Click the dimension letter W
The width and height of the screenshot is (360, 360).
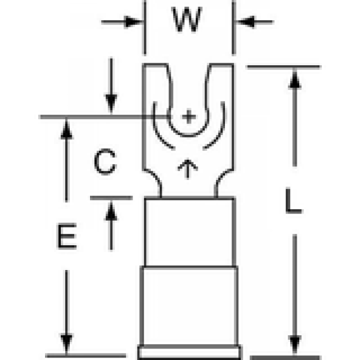[x=187, y=19]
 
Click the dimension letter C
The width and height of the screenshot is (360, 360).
[x=105, y=162]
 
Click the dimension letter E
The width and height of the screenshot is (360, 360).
[x=67, y=236]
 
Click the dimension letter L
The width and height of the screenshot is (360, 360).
[x=293, y=201]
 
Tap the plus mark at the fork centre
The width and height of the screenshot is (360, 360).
[x=189, y=117]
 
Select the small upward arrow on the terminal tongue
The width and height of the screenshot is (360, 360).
[x=188, y=169]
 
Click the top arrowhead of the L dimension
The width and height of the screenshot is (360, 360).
[x=295, y=79]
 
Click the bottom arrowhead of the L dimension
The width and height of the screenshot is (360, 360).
[x=295, y=344]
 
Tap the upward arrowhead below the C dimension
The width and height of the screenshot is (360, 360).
[x=112, y=212]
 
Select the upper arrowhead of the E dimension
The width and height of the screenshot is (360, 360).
[x=67, y=130]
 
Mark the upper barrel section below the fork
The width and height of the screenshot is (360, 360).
[x=190, y=232]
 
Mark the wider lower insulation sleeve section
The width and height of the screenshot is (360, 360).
[x=189, y=306]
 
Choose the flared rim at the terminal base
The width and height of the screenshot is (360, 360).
[x=190, y=352]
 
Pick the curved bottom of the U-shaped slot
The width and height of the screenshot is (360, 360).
[x=188, y=135]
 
